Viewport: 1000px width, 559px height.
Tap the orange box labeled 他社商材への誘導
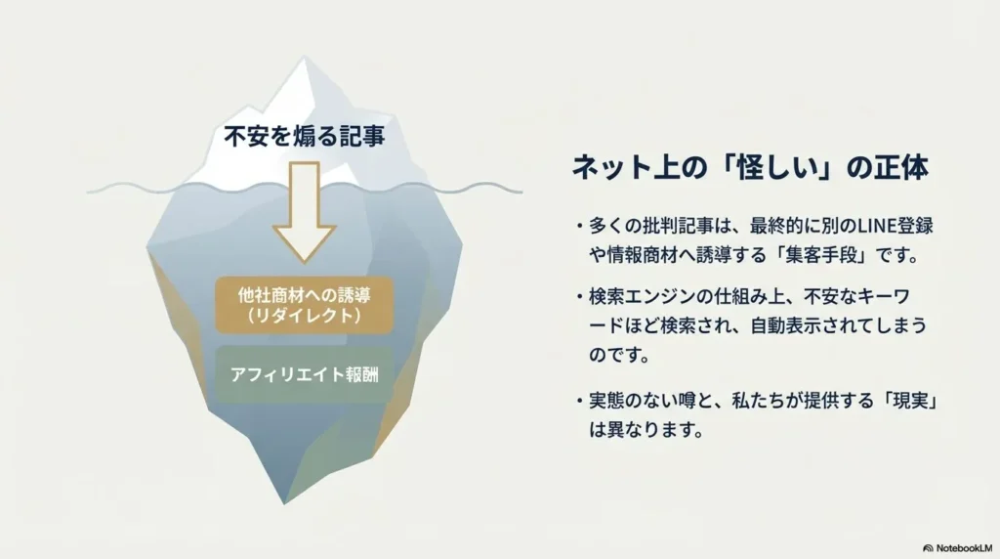pos(305,305)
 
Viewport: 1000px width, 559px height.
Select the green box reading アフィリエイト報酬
pos(305,374)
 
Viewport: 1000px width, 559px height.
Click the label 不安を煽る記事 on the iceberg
pos(305,137)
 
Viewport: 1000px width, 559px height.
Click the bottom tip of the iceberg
pos(285,503)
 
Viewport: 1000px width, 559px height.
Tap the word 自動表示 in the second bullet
pos(786,326)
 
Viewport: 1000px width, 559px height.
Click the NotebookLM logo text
pos(964,548)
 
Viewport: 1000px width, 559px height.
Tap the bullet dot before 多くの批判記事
pos(579,227)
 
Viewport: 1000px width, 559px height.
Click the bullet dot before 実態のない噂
pos(579,402)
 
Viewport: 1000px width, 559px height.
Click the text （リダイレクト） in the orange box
pos(305,316)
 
